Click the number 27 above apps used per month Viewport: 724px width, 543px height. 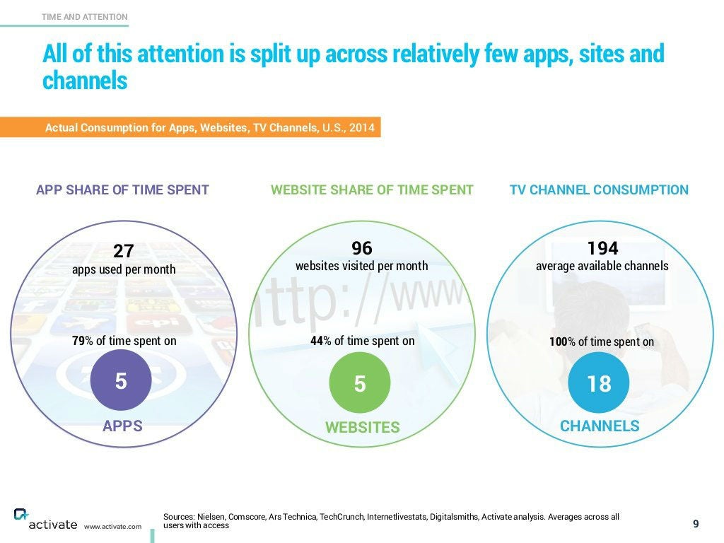click(124, 251)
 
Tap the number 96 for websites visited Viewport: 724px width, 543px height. click(361, 248)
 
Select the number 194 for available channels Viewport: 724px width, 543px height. click(602, 248)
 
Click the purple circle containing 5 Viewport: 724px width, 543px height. click(121, 382)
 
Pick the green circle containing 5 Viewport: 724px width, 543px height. click(360, 383)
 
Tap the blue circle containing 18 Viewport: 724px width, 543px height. click(599, 383)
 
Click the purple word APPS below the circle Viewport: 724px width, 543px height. click(122, 426)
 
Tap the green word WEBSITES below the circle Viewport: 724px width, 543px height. click(362, 428)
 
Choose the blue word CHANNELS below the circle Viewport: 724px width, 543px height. click(600, 426)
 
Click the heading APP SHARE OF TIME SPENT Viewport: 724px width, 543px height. click(122, 189)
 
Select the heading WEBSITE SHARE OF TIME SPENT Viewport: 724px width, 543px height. click(372, 189)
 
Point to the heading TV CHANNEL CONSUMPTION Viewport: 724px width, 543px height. click(599, 189)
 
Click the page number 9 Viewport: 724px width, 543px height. click(696, 524)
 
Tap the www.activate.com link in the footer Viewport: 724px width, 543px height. click(112, 527)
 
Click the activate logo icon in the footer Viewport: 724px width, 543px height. click(21, 515)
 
